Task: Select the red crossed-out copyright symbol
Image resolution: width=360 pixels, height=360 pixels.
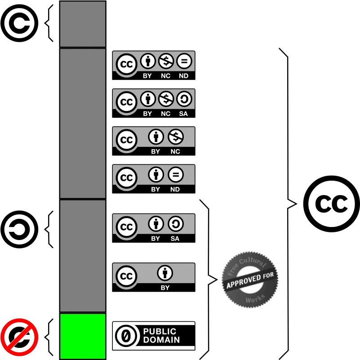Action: [x=19, y=337]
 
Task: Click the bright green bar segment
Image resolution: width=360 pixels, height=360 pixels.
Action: [x=83, y=336]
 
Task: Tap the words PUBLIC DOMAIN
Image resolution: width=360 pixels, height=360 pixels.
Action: [x=161, y=336]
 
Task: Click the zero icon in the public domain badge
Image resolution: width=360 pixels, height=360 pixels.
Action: [x=126, y=336]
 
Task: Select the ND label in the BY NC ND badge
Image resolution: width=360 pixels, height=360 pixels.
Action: [x=184, y=76]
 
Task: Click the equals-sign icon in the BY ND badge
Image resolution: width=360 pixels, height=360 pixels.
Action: [x=176, y=174]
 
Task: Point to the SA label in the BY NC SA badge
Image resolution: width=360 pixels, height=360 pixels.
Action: [x=183, y=114]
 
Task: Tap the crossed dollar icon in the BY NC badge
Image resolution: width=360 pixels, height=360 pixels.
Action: [x=176, y=137]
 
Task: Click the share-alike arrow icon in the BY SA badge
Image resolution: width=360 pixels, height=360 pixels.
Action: [x=176, y=224]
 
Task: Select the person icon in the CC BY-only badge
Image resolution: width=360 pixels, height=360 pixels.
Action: [x=165, y=273]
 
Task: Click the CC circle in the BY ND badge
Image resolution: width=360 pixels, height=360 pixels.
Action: [x=126, y=178]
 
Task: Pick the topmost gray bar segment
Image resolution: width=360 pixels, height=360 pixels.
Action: [x=83, y=24]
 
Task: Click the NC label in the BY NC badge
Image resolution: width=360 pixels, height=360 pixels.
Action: [x=175, y=151]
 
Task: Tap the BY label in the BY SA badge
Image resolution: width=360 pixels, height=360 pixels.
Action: [x=156, y=239]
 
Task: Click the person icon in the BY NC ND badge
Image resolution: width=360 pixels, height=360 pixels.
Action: [x=148, y=61]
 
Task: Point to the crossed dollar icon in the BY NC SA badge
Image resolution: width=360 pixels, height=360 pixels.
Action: [x=166, y=99]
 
